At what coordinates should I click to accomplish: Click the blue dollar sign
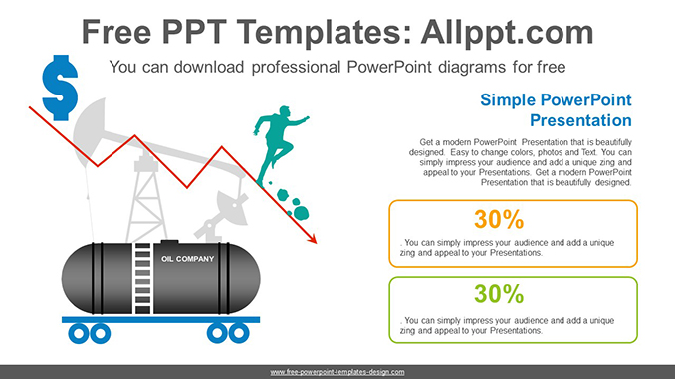tap(59, 86)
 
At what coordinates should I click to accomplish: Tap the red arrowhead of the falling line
tap(312, 239)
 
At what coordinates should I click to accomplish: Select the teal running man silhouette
tap(277, 147)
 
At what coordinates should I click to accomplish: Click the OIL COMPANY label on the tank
tap(188, 259)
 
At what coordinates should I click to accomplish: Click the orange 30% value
tap(513, 219)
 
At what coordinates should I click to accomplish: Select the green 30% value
tap(513, 294)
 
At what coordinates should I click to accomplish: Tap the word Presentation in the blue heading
tap(579, 121)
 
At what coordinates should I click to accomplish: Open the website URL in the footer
tap(337, 371)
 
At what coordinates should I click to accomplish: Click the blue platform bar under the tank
tap(154, 320)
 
